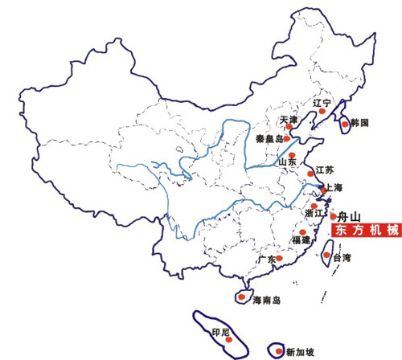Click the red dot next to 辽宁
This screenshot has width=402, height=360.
point(322,111)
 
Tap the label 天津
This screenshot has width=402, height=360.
point(289,120)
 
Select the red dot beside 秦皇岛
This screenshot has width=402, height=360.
point(286,138)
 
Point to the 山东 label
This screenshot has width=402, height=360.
point(287,162)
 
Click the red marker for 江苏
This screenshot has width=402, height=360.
point(310,174)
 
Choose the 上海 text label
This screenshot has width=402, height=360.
point(334,187)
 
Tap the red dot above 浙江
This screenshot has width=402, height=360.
point(314,206)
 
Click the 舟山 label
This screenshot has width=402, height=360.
point(348,216)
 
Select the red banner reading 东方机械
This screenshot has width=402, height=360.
point(367,230)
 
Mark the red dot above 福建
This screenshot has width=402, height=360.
point(302,232)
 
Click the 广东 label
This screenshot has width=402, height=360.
point(267,259)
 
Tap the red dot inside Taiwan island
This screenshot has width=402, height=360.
point(326,255)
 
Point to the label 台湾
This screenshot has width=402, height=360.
point(342,258)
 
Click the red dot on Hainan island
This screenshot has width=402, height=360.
point(242,297)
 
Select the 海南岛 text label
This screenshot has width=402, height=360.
point(267,300)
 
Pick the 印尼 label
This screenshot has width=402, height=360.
point(220,333)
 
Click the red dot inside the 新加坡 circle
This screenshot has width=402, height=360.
point(279,351)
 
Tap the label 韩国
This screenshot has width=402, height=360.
point(359,123)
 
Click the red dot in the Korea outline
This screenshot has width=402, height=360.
point(345,124)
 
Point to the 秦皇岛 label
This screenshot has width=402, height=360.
point(269,139)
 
